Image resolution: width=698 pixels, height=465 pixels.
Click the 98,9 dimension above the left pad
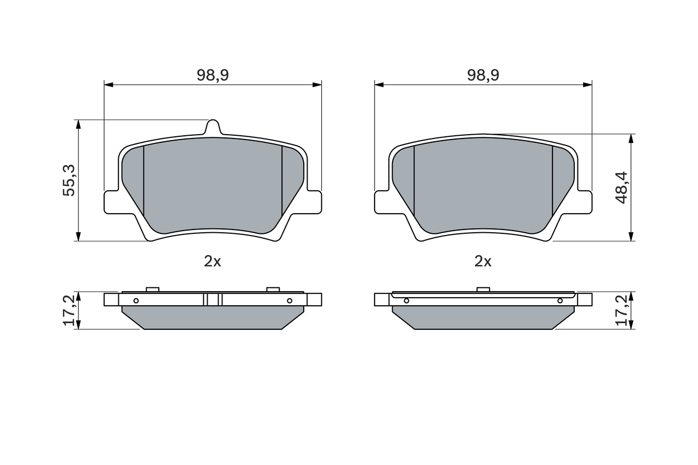coord(213,75)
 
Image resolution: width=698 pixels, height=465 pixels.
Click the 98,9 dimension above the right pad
coord(483,75)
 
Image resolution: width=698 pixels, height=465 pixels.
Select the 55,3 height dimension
coord(69,180)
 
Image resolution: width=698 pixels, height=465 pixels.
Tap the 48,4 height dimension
coord(622,188)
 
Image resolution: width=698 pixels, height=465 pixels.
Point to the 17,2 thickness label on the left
coord(69,310)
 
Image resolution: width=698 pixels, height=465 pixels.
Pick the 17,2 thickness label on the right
coord(622,310)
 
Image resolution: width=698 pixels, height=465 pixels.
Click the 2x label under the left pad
coord(213,262)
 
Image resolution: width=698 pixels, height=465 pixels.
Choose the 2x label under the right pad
coord(483,262)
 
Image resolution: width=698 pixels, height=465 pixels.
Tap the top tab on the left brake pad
coord(213,127)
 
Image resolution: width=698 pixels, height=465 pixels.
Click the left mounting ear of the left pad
coord(111,202)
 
